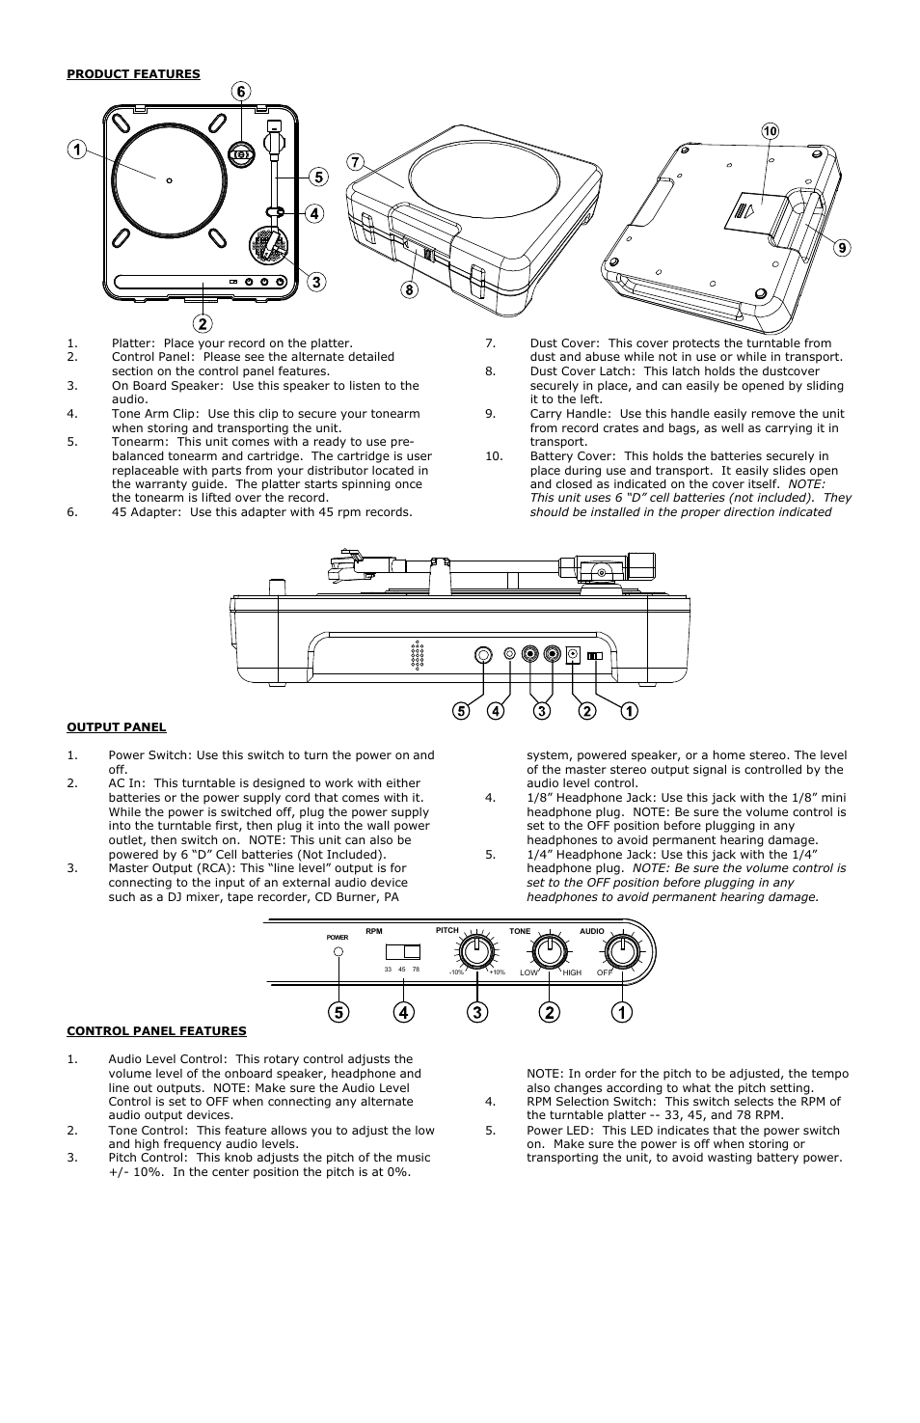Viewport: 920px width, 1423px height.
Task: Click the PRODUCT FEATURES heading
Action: click(x=133, y=74)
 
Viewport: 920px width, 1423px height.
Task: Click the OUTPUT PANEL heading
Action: click(x=116, y=727)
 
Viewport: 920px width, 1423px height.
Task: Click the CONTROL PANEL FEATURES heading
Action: click(x=156, y=1030)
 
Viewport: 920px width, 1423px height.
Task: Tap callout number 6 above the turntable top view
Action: click(x=240, y=92)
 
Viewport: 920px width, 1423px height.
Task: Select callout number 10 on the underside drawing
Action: click(x=770, y=130)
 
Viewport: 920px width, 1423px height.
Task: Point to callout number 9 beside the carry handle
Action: click(x=841, y=248)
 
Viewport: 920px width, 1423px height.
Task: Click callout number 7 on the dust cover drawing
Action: click(x=356, y=163)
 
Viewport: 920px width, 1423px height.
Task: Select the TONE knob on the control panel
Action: click(x=549, y=952)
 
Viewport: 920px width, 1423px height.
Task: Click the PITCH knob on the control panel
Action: click(x=474, y=952)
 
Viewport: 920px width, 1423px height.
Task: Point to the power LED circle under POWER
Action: click(x=338, y=952)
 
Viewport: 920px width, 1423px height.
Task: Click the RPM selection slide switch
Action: click(x=404, y=952)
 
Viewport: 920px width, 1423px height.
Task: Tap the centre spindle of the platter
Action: click(x=169, y=180)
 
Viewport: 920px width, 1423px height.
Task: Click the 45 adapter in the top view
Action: click(x=241, y=154)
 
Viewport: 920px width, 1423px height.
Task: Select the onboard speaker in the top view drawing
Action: click(x=269, y=246)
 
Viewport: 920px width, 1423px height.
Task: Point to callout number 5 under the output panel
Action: click(x=462, y=711)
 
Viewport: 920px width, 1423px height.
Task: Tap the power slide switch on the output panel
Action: click(x=595, y=656)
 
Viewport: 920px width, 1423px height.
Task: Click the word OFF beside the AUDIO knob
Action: click(x=604, y=972)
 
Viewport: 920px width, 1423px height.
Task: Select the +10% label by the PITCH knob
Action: click(x=498, y=972)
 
